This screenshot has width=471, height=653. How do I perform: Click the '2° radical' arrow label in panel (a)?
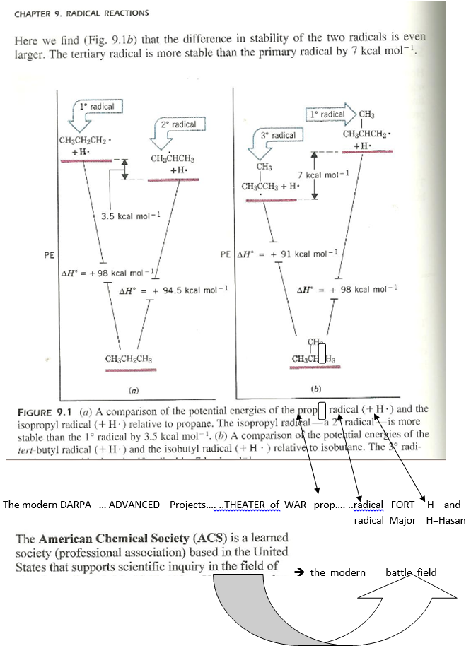coord(178,124)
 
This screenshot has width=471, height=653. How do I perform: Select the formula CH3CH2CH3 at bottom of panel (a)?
coord(128,359)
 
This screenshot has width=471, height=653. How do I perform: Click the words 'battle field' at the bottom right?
coord(411,572)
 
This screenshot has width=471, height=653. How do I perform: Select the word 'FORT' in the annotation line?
coord(402,505)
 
